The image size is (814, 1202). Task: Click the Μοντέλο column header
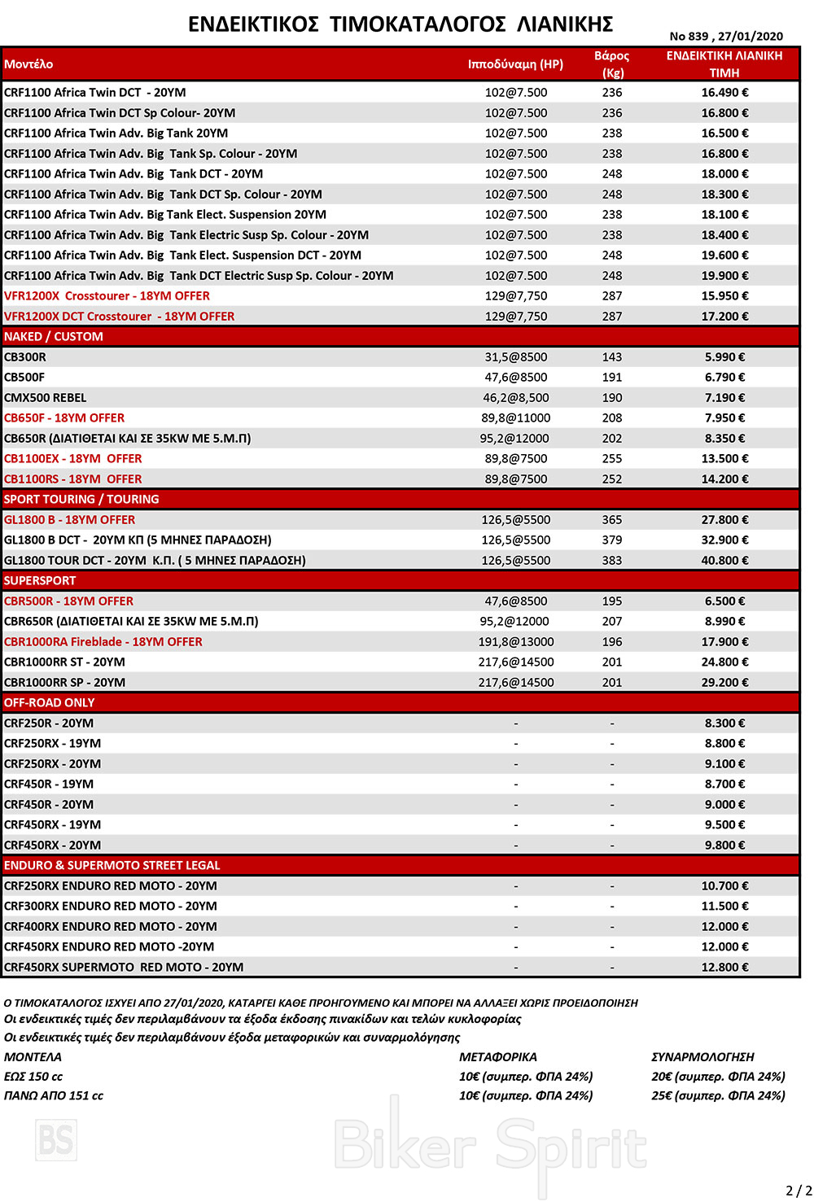tap(28, 64)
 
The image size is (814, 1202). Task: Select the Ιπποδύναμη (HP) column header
tap(515, 64)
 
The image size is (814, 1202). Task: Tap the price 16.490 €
tap(724, 93)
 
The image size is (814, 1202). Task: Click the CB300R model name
tap(25, 357)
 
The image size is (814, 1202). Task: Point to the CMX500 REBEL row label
tap(46, 398)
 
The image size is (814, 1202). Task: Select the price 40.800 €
tap(724, 561)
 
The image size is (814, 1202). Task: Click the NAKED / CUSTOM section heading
tap(54, 337)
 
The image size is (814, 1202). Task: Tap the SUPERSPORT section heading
tap(40, 581)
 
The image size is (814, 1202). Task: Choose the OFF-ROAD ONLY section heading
tap(49, 703)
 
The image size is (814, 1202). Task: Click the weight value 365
tap(612, 520)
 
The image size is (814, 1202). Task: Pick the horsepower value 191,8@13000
tap(516, 642)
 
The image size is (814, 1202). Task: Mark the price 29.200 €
tap(724, 683)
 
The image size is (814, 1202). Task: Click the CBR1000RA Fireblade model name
tap(103, 642)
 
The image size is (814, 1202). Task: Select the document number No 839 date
tap(726, 36)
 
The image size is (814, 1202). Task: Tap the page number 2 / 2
tap(799, 1191)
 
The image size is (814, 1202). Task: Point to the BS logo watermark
tap(56, 1139)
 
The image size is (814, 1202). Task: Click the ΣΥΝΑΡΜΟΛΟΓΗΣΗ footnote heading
tap(702, 1057)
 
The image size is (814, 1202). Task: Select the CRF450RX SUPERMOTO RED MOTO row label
tap(124, 968)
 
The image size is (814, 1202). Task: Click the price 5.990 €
tap(724, 357)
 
